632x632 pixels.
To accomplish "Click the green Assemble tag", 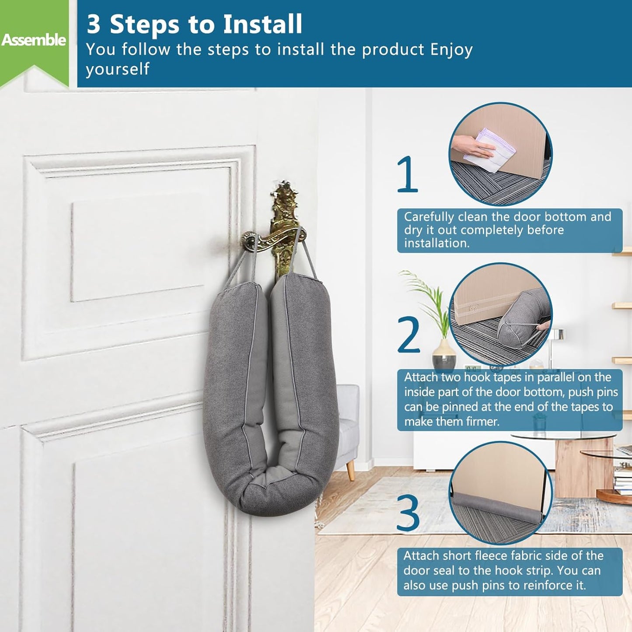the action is pos(34,41).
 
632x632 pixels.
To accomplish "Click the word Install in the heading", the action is pos(262,24).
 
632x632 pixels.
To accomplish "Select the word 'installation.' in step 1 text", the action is pos(436,243).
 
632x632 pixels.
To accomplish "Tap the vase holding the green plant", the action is pos(444,357).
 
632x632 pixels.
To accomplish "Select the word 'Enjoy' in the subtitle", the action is pos(451,49).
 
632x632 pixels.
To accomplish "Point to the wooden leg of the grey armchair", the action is pos(350,471).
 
